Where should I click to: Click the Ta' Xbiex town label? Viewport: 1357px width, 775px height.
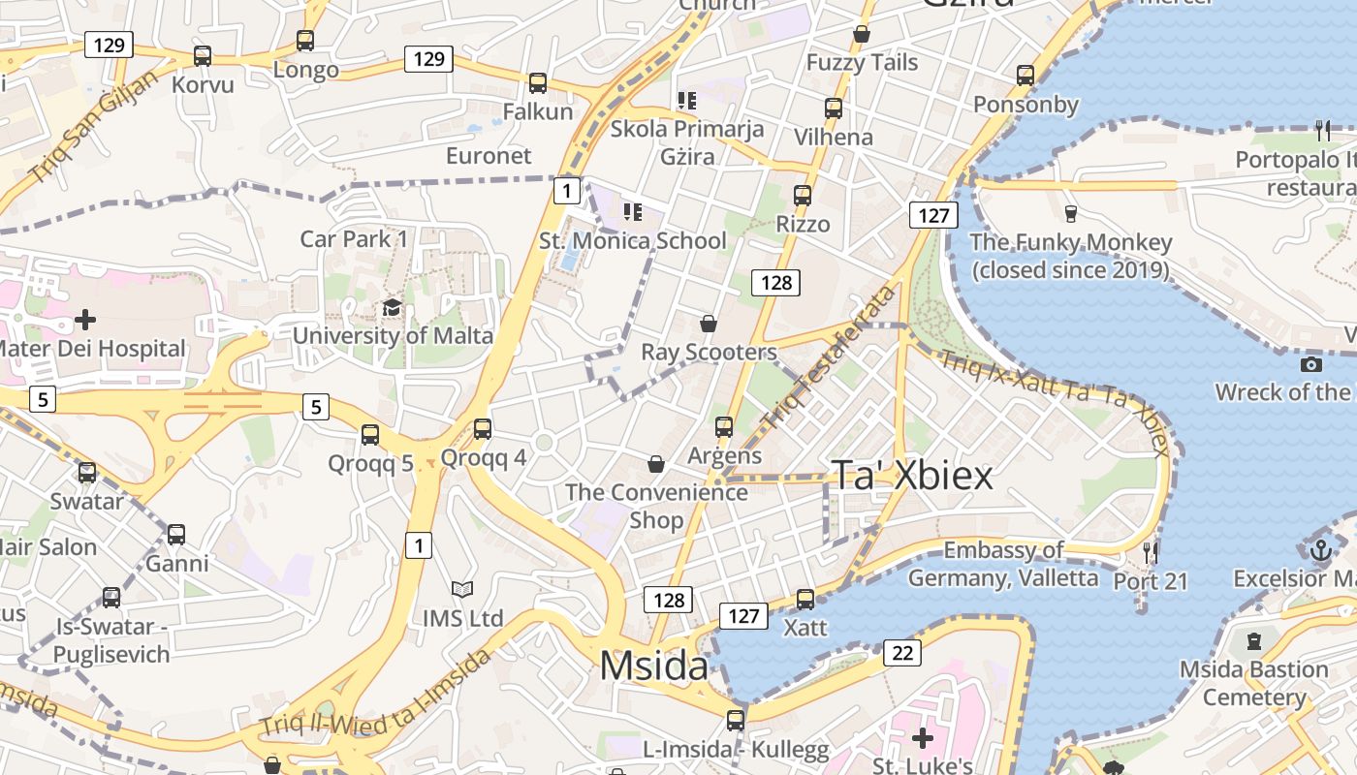point(913,476)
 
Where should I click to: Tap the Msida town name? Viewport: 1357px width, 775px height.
point(653,666)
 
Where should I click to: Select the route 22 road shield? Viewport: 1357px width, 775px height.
point(902,653)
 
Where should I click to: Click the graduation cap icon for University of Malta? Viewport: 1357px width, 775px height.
point(392,308)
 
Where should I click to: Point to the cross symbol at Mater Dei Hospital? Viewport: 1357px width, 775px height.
point(85,319)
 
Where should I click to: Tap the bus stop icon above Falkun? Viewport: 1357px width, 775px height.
point(538,83)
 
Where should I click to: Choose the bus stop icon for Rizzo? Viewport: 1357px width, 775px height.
point(803,196)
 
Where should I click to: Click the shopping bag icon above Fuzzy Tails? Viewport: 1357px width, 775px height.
point(862,35)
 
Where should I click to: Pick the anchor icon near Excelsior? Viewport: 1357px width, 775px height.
point(1320,550)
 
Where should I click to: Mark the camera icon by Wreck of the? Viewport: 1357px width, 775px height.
point(1311,364)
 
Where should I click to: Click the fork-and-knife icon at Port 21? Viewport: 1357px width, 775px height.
point(1151,552)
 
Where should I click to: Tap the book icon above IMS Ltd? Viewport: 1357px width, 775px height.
point(462,589)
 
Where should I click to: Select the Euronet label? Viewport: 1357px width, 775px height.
point(489,155)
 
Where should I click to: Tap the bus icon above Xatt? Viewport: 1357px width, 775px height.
point(805,600)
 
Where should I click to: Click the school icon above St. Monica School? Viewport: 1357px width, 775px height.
point(633,211)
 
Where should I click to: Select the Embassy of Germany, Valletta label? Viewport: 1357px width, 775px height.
point(1003,564)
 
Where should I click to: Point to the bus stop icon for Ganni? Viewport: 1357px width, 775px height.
point(176,535)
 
